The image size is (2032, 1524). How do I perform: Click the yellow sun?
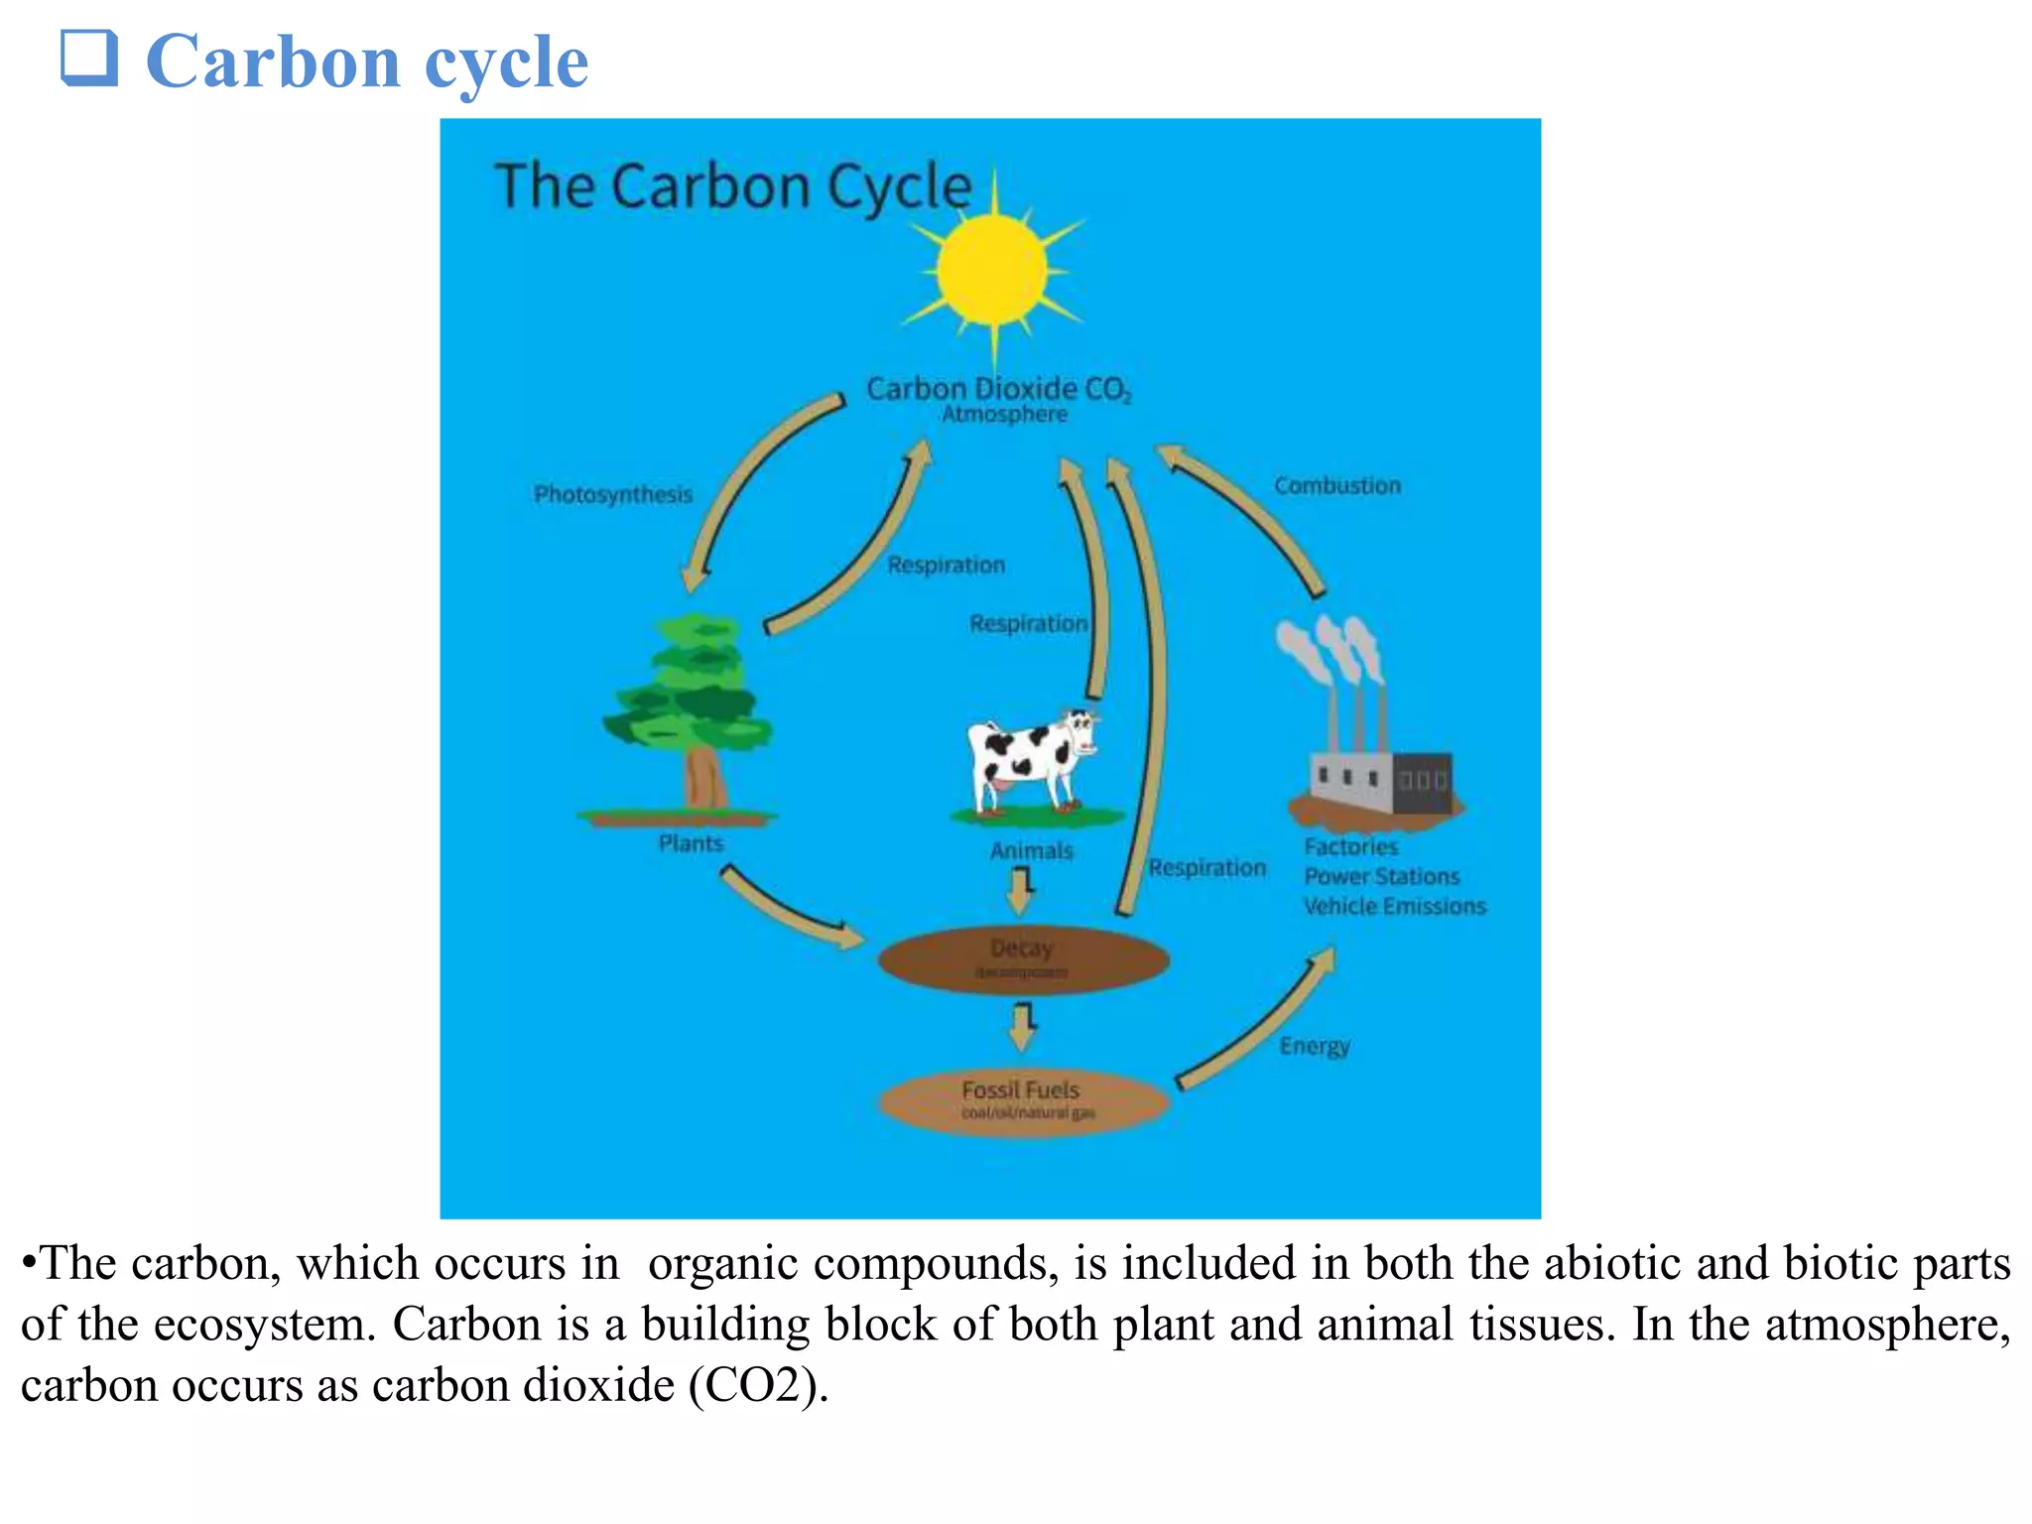(x=991, y=270)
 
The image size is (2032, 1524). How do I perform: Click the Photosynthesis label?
(x=613, y=494)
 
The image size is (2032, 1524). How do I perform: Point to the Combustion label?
(x=1337, y=486)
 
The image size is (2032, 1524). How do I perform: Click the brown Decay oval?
(x=1023, y=958)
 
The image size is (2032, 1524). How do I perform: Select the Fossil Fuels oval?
(x=1023, y=1100)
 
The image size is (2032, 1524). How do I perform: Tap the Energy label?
(x=1314, y=1047)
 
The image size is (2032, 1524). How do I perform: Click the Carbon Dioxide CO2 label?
(x=998, y=389)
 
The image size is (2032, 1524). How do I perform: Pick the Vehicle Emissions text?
(x=1394, y=906)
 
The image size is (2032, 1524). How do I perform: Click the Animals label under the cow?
(x=1031, y=851)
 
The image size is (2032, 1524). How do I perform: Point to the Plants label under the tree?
(x=691, y=843)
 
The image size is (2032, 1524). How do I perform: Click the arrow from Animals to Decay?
(x=1021, y=890)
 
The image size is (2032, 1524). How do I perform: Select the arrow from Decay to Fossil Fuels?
(x=1022, y=1027)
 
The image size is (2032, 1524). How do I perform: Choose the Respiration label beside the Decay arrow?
(x=1206, y=868)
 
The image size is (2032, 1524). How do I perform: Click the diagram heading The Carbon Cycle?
(x=732, y=187)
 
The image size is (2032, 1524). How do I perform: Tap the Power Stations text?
(x=1381, y=876)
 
